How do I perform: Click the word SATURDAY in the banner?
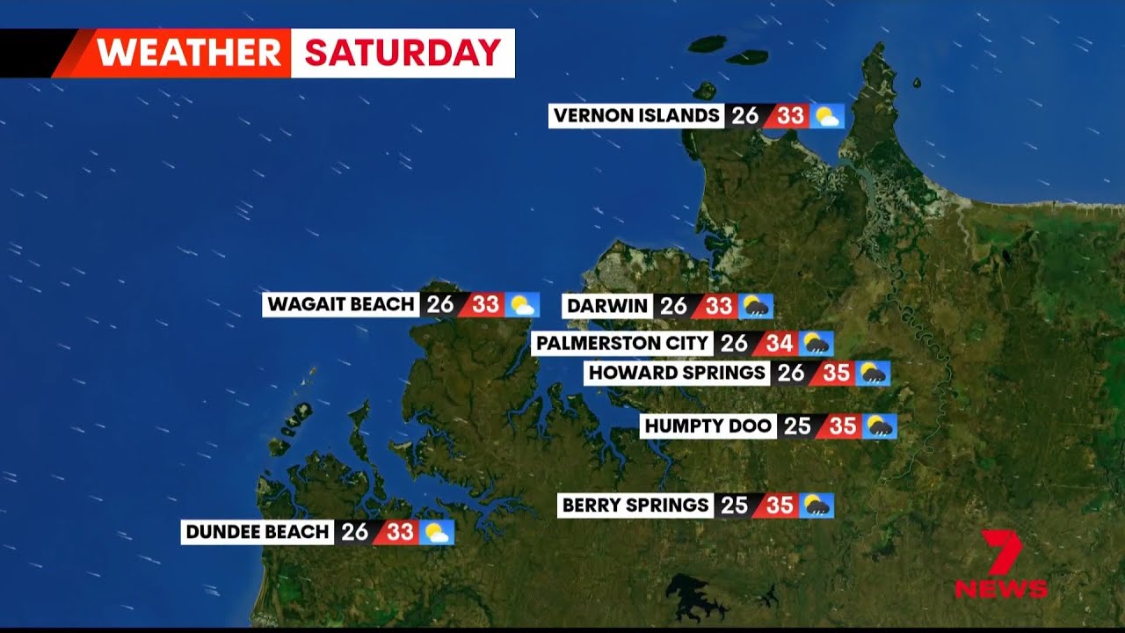point(403,54)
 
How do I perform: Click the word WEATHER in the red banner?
point(190,54)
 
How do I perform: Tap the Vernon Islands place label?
point(636,116)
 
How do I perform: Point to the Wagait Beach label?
point(341,305)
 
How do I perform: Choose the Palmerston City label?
point(622,344)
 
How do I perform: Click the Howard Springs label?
point(677,373)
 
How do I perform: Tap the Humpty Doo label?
point(708,426)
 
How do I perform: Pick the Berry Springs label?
point(635,506)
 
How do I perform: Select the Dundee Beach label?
point(258,532)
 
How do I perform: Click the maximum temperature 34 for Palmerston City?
point(780,344)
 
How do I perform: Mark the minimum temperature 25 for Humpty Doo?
point(797,426)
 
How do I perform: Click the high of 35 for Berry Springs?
point(780,506)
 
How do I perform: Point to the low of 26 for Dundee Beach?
point(355,532)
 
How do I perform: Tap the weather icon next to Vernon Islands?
point(827,116)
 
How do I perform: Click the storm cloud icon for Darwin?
point(756,306)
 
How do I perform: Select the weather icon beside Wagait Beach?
point(522,305)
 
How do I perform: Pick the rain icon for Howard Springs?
point(874,373)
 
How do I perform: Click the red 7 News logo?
point(1002,564)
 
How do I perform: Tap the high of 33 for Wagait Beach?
point(485,305)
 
